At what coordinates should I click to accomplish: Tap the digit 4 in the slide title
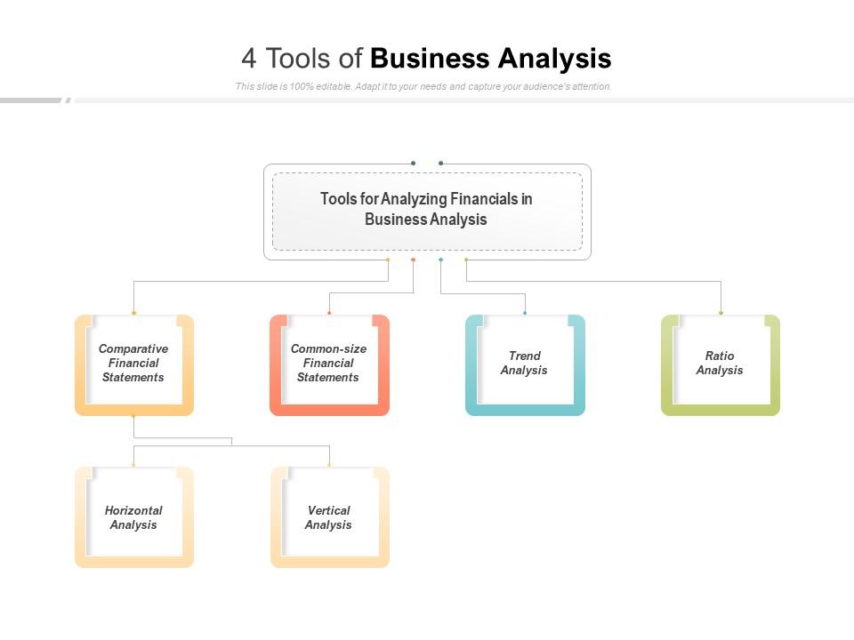tap(249, 59)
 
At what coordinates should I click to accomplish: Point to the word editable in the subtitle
tap(330, 87)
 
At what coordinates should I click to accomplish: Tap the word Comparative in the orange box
tap(133, 349)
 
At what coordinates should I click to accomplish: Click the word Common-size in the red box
tap(328, 349)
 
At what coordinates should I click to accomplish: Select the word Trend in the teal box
tap(525, 356)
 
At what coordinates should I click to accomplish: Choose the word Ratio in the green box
tap(720, 356)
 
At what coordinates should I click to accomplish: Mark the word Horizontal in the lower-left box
tap(133, 511)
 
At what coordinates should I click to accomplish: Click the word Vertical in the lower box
tap(329, 511)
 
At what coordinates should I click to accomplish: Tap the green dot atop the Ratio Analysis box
tap(721, 313)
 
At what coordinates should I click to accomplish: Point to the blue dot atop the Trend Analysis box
tap(525, 313)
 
